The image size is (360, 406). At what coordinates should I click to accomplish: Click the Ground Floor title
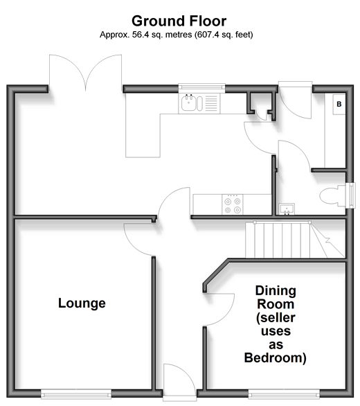point(179,21)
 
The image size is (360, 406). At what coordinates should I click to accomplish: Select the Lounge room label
point(82,303)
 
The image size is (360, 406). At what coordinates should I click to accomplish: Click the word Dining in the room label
point(276,291)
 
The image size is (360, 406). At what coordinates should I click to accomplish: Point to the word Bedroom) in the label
point(276,358)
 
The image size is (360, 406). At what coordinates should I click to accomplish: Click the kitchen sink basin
point(188,103)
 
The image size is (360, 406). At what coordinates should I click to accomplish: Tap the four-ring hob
point(233,204)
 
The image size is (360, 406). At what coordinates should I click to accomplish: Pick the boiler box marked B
point(339,104)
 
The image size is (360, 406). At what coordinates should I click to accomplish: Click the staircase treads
point(282,240)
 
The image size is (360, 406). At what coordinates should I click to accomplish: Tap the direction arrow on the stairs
point(327,241)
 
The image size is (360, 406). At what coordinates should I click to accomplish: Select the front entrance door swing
point(179,380)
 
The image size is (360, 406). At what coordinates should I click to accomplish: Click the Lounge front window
point(76,394)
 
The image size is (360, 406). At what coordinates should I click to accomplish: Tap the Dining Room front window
point(284,394)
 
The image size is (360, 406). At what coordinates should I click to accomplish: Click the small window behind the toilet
point(351,196)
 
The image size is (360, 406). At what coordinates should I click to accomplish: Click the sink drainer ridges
point(211,103)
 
